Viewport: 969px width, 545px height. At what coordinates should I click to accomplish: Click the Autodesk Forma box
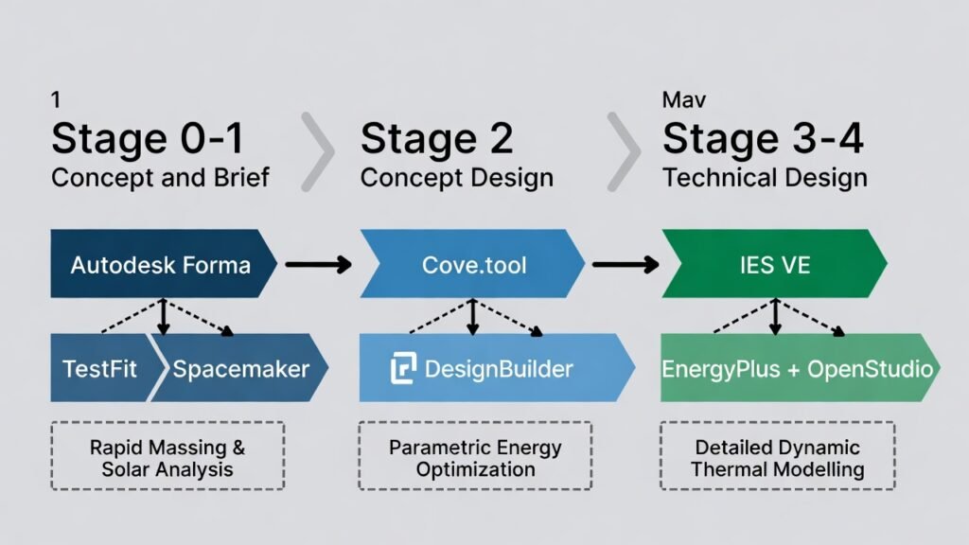(161, 264)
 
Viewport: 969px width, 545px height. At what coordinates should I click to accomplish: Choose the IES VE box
(774, 264)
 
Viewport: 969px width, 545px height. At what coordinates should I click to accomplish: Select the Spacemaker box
(241, 368)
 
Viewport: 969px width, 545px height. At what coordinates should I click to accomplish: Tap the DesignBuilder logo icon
(404, 368)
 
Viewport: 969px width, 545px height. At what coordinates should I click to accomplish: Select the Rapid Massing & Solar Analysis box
(167, 456)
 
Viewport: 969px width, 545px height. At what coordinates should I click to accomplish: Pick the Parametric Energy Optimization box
(475, 456)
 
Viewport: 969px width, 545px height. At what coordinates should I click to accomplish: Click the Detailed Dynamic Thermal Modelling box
(777, 456)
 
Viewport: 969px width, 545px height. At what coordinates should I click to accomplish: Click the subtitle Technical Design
(765, 177)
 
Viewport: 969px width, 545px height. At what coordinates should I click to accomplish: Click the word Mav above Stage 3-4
(683, 99)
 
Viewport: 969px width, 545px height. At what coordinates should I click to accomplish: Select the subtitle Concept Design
(457, 177)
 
